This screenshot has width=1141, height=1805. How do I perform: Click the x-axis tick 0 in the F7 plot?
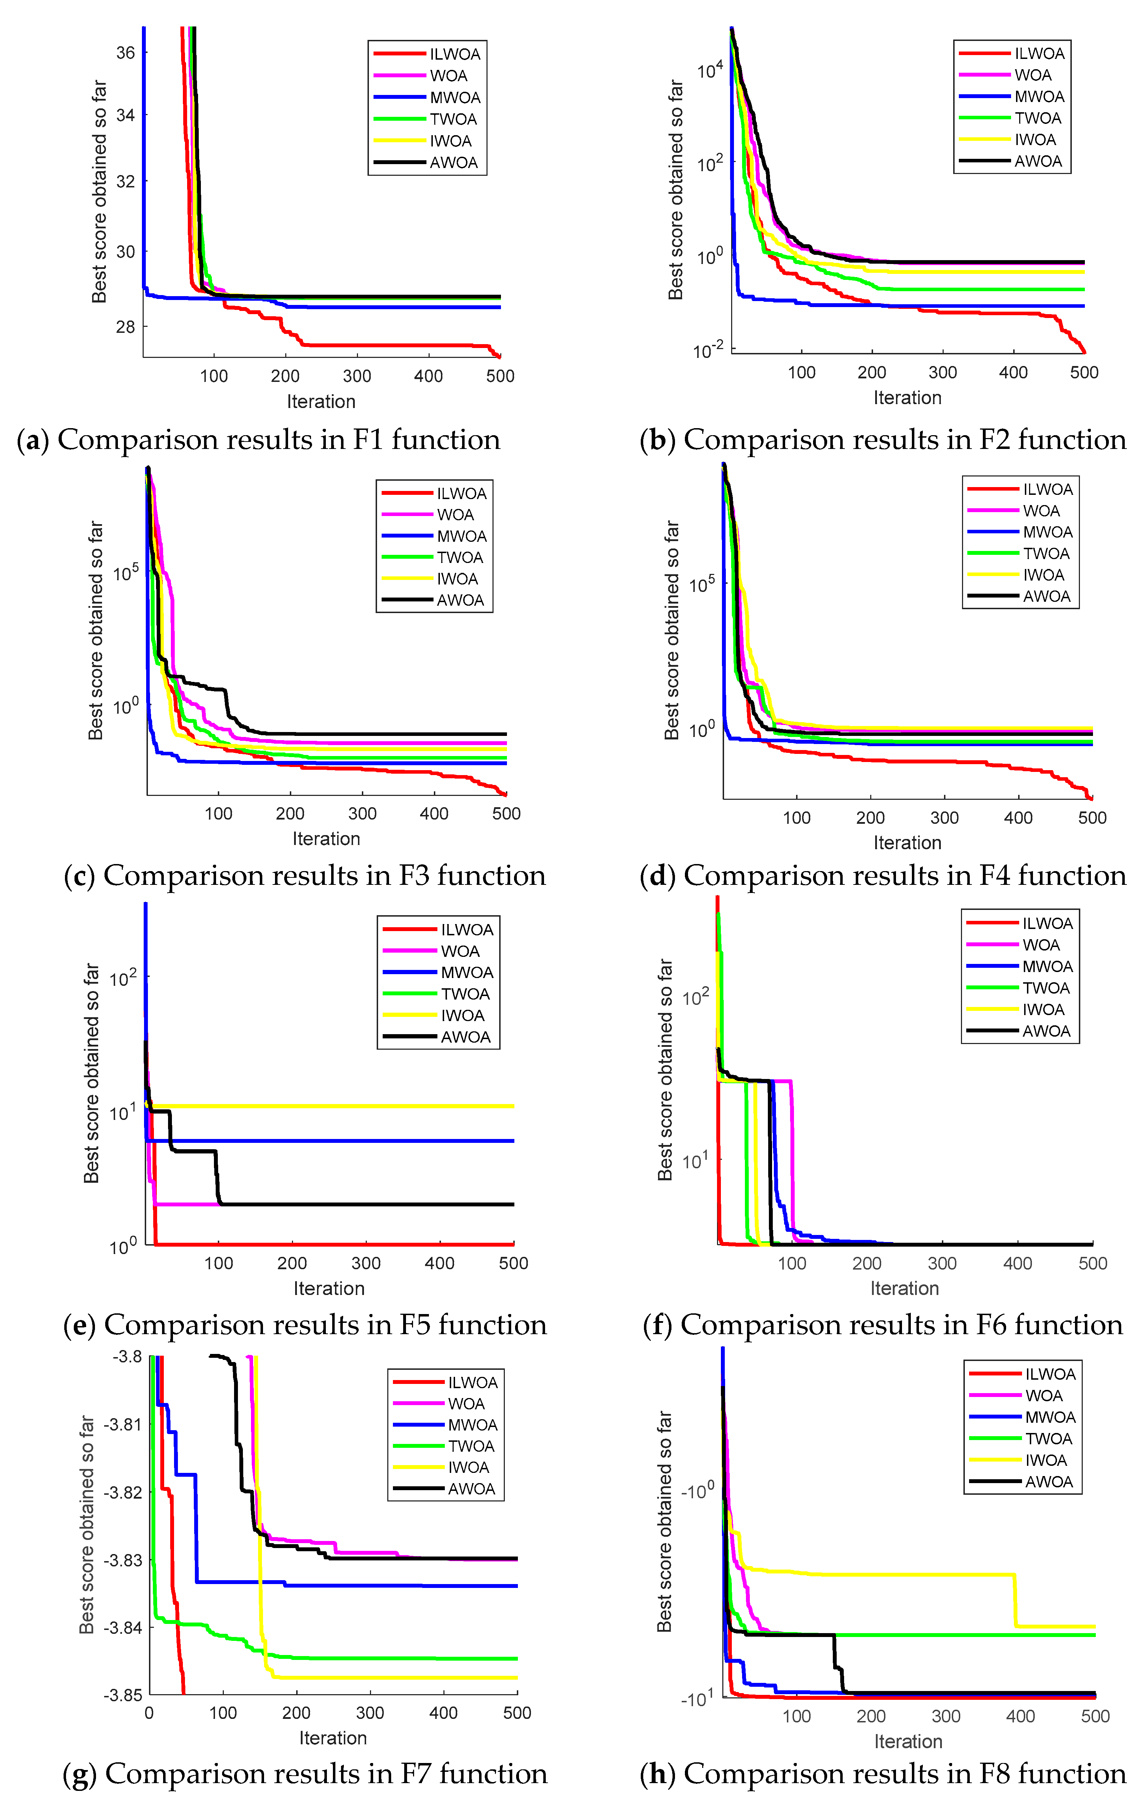(149, 1713)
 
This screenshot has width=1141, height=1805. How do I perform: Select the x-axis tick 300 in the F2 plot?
(942, 373)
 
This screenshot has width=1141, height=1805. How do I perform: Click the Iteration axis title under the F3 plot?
(326, 839)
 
